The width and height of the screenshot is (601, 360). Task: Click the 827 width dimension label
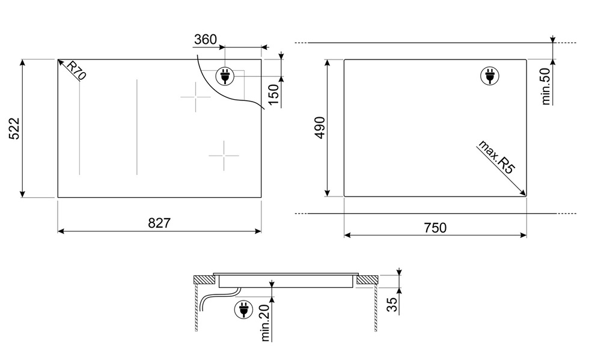[159, 223]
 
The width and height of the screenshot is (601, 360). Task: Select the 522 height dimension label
[14, 129]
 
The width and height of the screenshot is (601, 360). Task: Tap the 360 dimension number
[206, 39]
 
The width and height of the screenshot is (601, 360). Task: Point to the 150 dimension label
[273, 95]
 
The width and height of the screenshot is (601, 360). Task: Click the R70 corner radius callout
[76, 70]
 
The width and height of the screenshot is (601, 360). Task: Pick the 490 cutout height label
[320, 127]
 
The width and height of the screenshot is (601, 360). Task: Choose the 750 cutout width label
[435, 228]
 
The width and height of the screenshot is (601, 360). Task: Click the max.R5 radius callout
[496, 157]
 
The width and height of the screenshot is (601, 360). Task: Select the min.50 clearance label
[546, 87]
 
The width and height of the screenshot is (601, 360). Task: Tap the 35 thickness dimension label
[392, 305]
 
